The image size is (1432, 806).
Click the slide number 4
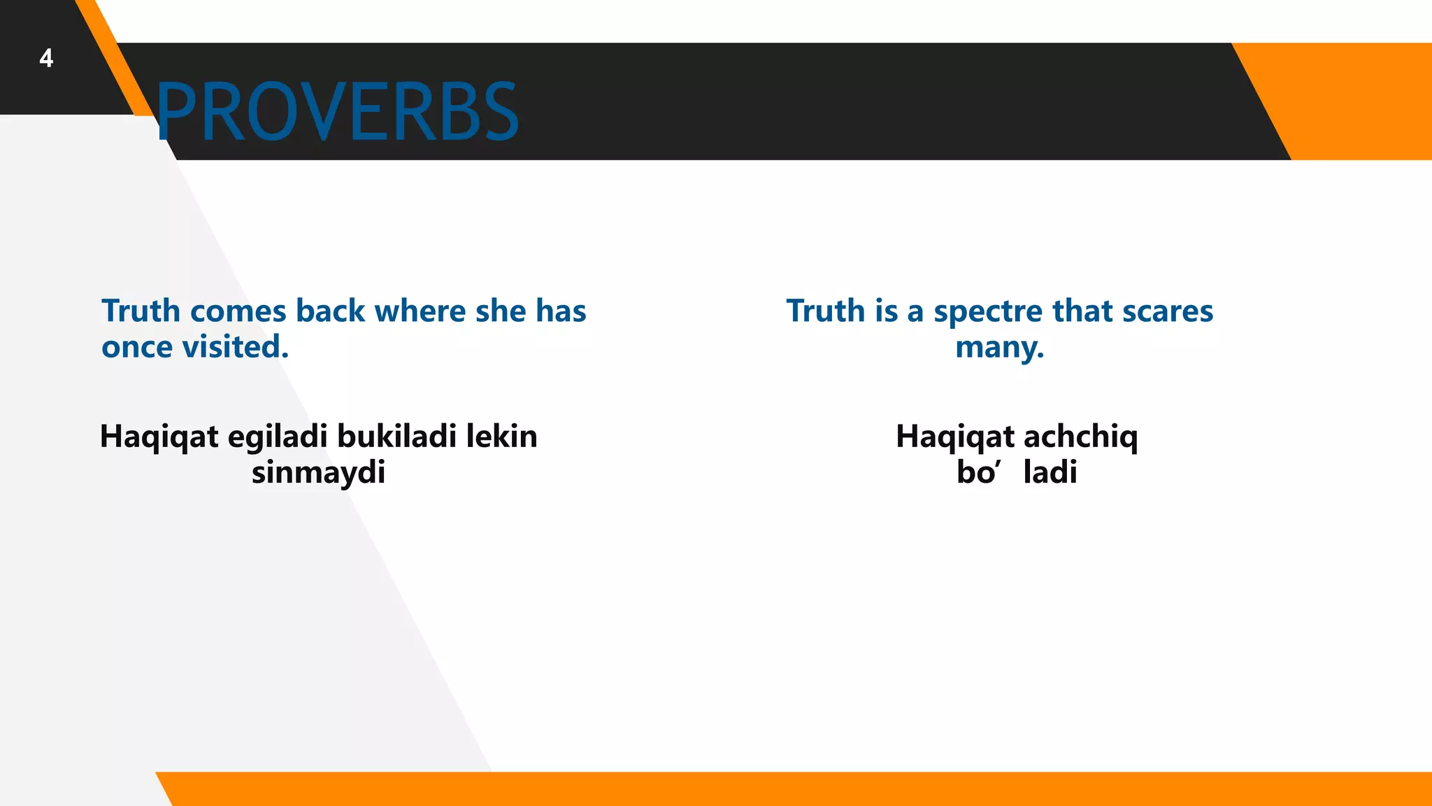(46, 58)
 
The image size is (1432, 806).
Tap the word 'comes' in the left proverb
(238, 311)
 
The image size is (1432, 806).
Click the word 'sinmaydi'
(318, 473)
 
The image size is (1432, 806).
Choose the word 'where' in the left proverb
(420, 311)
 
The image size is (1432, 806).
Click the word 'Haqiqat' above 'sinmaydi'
(159, 437)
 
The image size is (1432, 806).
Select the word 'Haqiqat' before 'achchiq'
(955, 437)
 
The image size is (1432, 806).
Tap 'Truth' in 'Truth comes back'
(141, 311)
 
